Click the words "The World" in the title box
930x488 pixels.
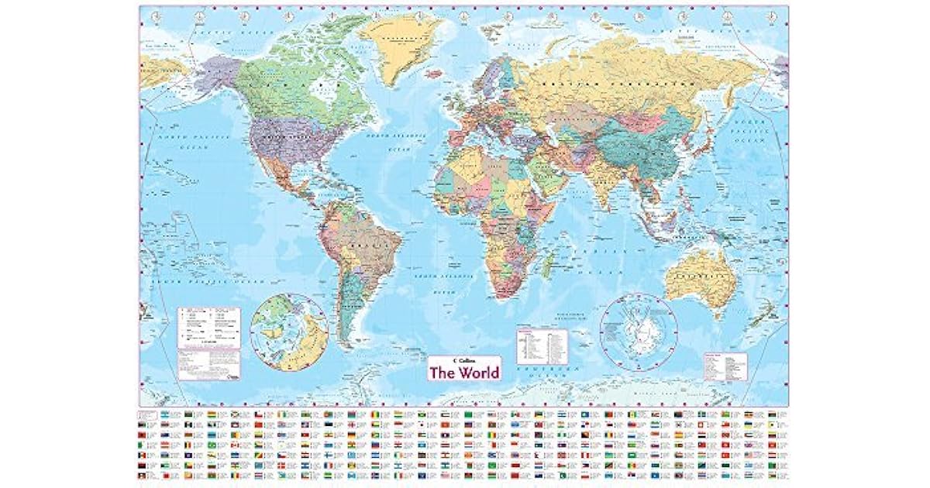(x=465, y=371)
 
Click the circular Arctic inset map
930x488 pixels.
(x=290, y=332)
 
